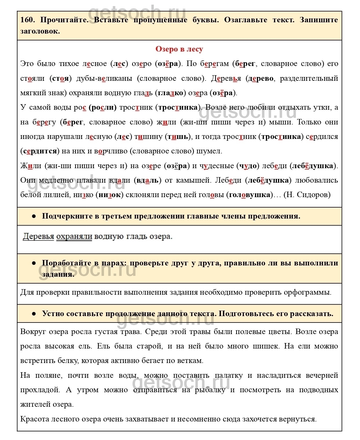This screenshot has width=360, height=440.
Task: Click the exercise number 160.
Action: [x=28, y=20]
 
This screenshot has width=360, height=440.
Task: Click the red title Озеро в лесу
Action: [x=179, y=49]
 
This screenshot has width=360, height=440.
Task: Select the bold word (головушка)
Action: [x=249, y=195]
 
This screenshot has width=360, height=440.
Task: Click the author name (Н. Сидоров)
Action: [x=307, y=195]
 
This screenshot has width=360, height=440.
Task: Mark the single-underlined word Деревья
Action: [x=39, y=236]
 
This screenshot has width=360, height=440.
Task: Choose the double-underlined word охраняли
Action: [x=74, y=236]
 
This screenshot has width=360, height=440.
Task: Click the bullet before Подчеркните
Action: [x=34, y=216]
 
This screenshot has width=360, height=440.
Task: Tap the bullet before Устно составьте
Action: [x=34, y=314]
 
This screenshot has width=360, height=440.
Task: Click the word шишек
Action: [x=265, y=346]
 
